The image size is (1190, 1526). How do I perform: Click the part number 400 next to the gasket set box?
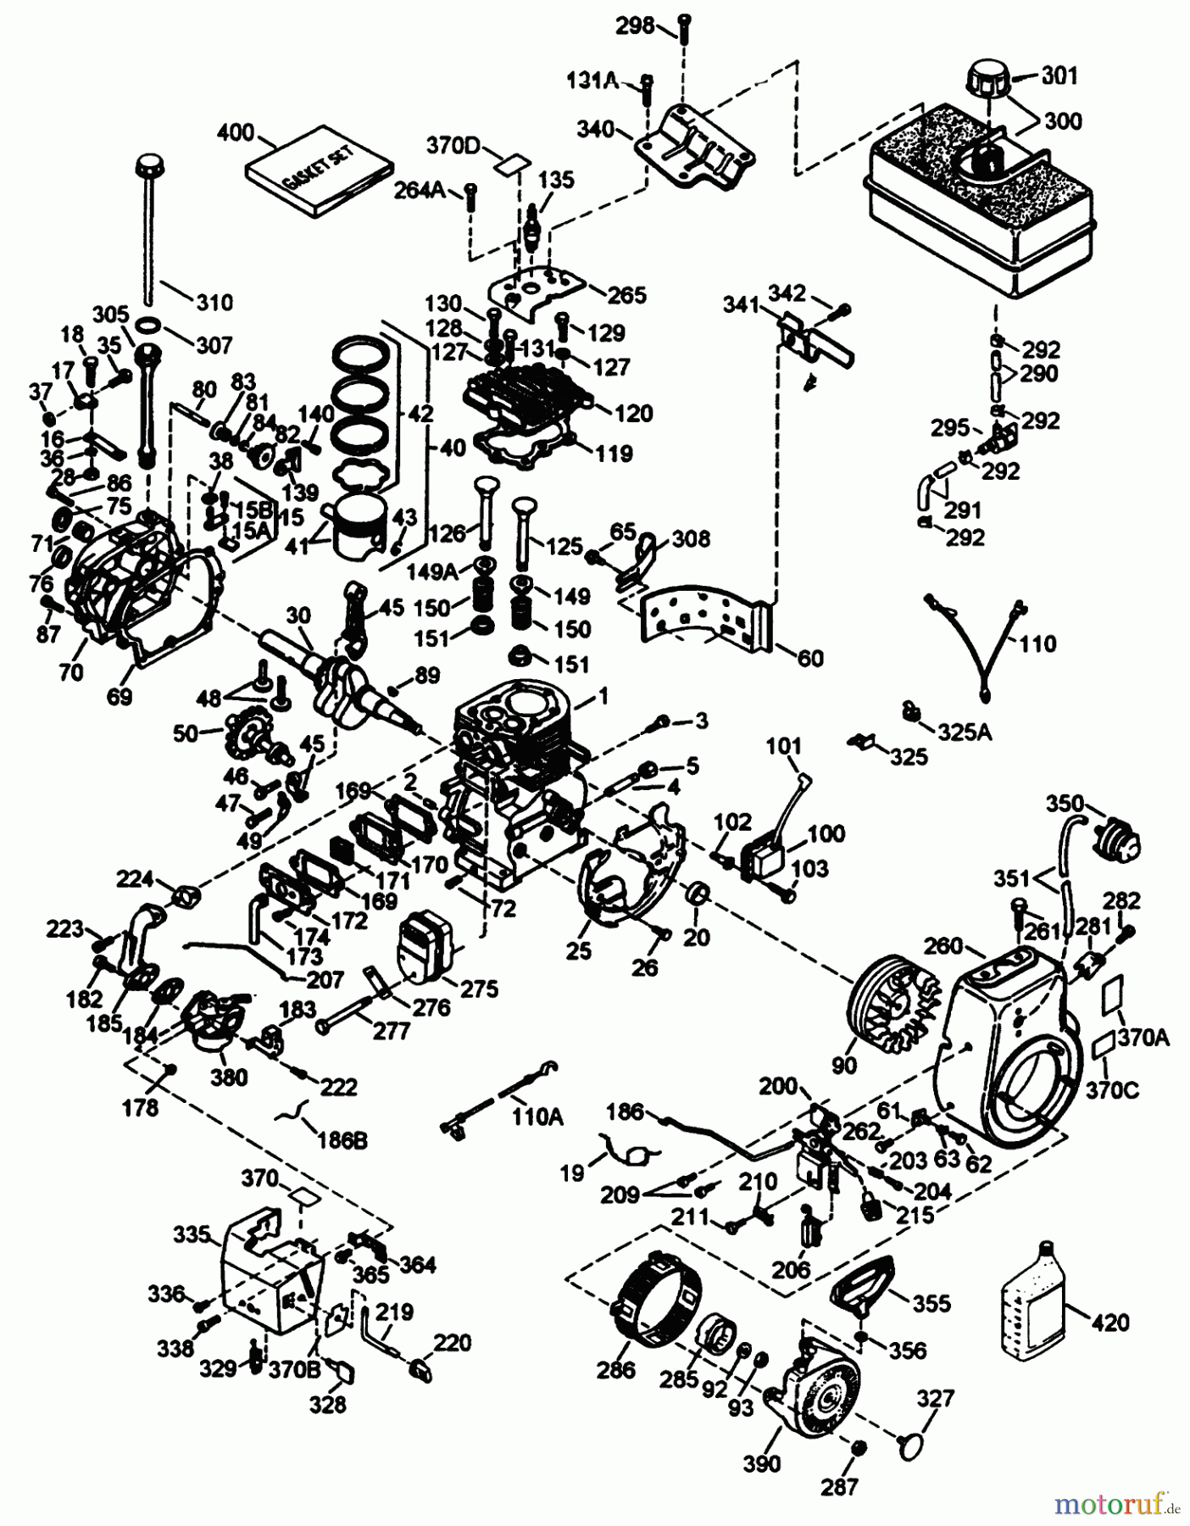(x=236, y=132)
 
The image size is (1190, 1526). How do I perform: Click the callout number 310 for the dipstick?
(x=214, y=303)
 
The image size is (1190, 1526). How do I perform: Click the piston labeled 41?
(x=356, y=528)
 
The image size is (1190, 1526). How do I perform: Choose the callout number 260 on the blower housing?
(x=943, y=945)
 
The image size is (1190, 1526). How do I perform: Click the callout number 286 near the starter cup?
(x=616, y=1370)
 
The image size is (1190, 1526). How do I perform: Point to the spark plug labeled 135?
(x=533, y=223)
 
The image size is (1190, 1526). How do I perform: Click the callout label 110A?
(x=537, y=1117)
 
